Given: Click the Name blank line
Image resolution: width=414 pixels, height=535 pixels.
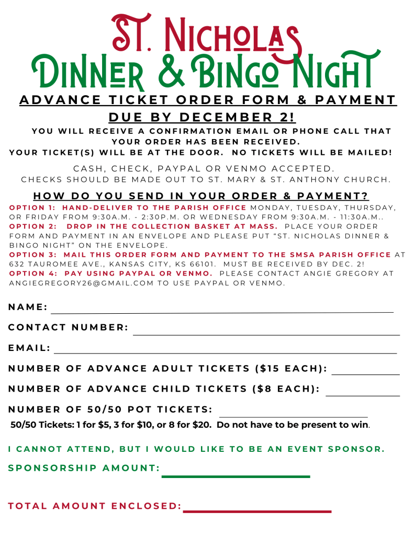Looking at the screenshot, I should click(x=221, y=312).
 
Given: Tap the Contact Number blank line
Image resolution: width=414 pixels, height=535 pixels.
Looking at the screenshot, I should click(x=266, y=334).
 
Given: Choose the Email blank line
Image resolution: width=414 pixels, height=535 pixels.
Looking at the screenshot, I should click(x=225, y=353).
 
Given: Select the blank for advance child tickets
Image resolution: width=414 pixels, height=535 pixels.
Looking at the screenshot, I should click(x=363, y=395).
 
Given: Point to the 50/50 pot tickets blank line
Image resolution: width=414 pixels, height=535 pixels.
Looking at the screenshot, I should click(x=293, y=416).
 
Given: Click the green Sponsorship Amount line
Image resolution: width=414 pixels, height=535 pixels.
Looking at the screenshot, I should click(x=236, y=476).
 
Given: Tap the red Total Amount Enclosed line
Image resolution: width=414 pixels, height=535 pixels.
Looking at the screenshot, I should click(x=257, y=511).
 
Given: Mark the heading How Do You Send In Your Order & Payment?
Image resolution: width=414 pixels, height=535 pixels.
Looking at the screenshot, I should click(x=201, y=196).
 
